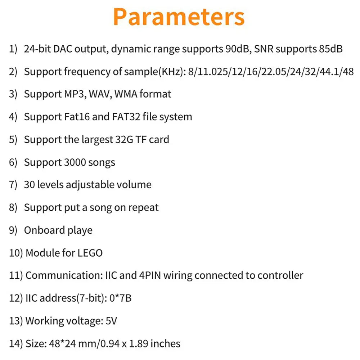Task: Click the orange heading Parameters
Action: tap(179, 17)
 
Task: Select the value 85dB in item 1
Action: tap(330, 49)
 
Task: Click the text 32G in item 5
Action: tap(126, 139)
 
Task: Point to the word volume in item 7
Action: tap(134, 185)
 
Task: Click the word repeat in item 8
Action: tap(143, 208)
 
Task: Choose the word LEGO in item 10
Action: tap(90, 253)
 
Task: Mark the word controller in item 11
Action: tap(280, 275)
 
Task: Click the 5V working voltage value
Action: tap(112, 321)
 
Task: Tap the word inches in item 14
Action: tap(165, 343)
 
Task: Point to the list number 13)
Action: tap(16, 321)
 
